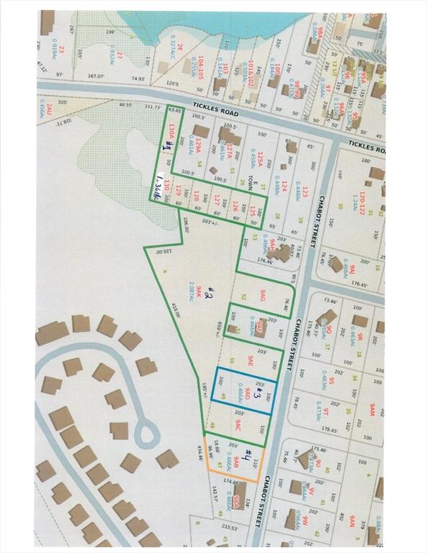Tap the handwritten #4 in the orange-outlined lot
pyautogui.click(x=246, y=455)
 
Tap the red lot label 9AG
pyautogui.click(x=264, y=294)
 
